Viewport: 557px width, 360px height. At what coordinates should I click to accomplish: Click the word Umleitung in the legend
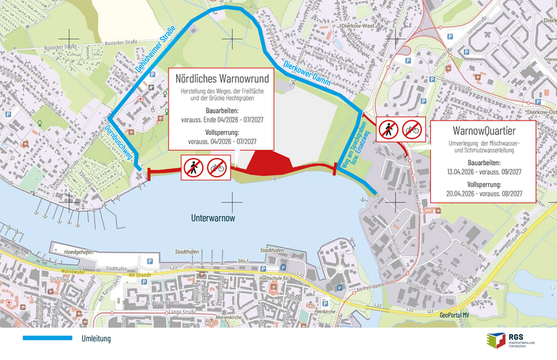(x=96, y=338)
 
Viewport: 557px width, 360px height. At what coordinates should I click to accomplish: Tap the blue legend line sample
(x=47, y=338)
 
